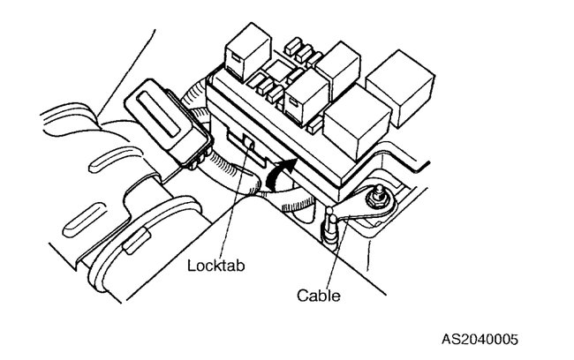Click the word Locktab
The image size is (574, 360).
214,264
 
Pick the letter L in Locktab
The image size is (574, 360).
191,264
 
